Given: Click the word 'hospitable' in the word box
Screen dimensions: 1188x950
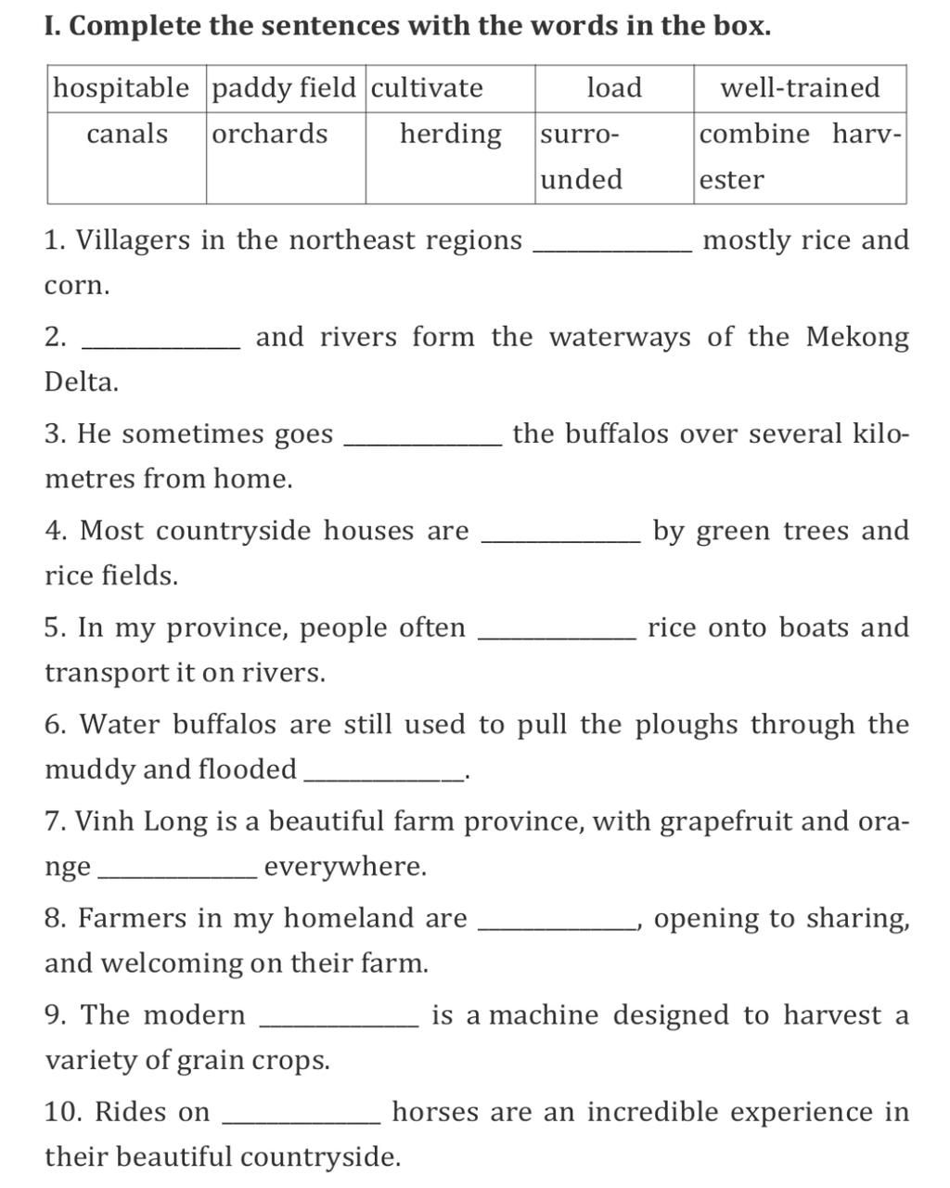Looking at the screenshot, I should coord(121,88).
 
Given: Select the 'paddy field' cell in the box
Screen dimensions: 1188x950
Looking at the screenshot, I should coord(284,88).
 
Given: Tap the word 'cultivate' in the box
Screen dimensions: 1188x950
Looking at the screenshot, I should coord(427,88).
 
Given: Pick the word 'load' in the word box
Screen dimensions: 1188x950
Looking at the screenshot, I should coord(614,88).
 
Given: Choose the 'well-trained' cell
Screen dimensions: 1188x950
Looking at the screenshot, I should coord(800,88).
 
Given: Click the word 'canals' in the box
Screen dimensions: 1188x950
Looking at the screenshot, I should coord(127,134).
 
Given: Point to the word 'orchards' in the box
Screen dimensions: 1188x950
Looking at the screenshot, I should coord(270,134).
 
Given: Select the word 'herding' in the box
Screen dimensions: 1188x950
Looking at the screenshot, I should coord(451,134).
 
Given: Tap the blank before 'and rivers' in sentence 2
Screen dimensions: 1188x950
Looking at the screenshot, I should coord(161,345).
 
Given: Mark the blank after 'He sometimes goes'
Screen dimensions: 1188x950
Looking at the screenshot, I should coord(422,443).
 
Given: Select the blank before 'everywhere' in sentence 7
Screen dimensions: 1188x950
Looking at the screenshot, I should coord(176,874).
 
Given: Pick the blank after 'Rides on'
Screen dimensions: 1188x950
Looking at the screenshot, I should coord(302,1120).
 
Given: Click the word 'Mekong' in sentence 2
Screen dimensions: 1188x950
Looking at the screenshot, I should coord(857,336).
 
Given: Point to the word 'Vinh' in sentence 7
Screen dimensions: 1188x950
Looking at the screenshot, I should coord(98,821).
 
